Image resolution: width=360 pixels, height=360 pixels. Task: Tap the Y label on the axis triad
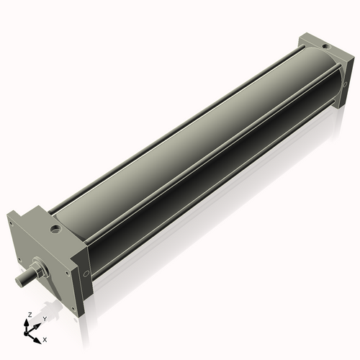[x=45, y=318]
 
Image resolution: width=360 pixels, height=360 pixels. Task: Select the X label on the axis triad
[x=45, y=338]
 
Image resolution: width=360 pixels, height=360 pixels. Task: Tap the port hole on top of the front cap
[x=55, y=231]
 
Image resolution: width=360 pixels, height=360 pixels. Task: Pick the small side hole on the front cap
[x=86, y=274]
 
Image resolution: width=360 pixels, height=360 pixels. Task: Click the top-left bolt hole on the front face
[x=12, y=223]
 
